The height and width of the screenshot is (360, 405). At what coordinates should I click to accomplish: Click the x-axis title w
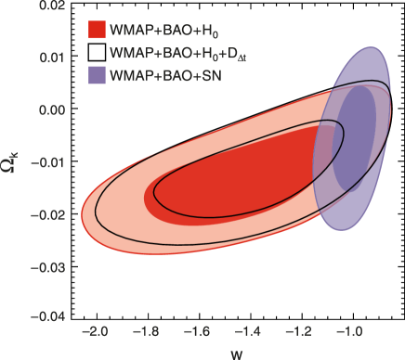(237, 352)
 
